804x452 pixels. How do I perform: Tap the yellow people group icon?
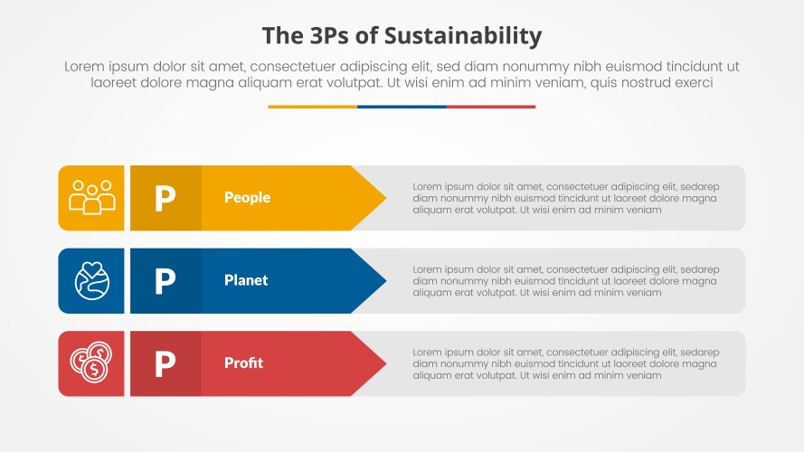click(91, 198)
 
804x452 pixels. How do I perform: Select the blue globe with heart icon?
click(91, 280)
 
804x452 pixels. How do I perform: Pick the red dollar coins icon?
click(91, 363)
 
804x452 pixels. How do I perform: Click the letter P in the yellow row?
click(165, 198)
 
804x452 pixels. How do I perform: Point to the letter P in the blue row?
click(165, 281)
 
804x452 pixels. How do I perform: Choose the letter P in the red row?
click(165, 363)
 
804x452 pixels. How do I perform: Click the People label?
click(247, 198)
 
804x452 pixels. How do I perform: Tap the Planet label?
click(246, 280)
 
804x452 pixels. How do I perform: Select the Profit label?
click(243, 363)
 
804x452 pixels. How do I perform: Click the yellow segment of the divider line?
click(312, 107)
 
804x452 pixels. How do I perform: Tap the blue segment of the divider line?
click(402, 107)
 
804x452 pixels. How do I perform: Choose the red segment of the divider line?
click(491, 107)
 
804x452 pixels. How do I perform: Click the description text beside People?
click(565, 198)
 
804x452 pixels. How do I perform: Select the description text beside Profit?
click(565, 363)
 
